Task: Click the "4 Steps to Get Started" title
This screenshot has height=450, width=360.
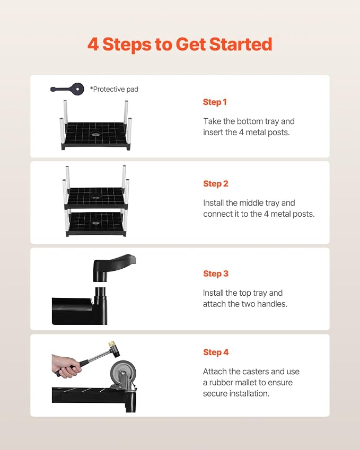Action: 180,45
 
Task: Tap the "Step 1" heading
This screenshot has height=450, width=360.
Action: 215,102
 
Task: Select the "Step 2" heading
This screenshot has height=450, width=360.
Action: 216,184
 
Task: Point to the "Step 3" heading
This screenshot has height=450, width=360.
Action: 216,273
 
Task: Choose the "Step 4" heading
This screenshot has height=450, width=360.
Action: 216,352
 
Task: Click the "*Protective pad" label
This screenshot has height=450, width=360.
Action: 114,89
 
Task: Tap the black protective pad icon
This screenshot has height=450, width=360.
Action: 67,89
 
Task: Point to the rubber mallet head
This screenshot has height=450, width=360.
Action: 113,349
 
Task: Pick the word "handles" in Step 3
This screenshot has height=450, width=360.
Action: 272,304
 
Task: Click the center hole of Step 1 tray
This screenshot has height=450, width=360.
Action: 94,134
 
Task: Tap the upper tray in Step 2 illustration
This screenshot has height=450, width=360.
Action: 96,198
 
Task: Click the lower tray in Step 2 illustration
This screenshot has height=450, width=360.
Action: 96,224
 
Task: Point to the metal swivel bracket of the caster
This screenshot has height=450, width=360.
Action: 124,382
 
